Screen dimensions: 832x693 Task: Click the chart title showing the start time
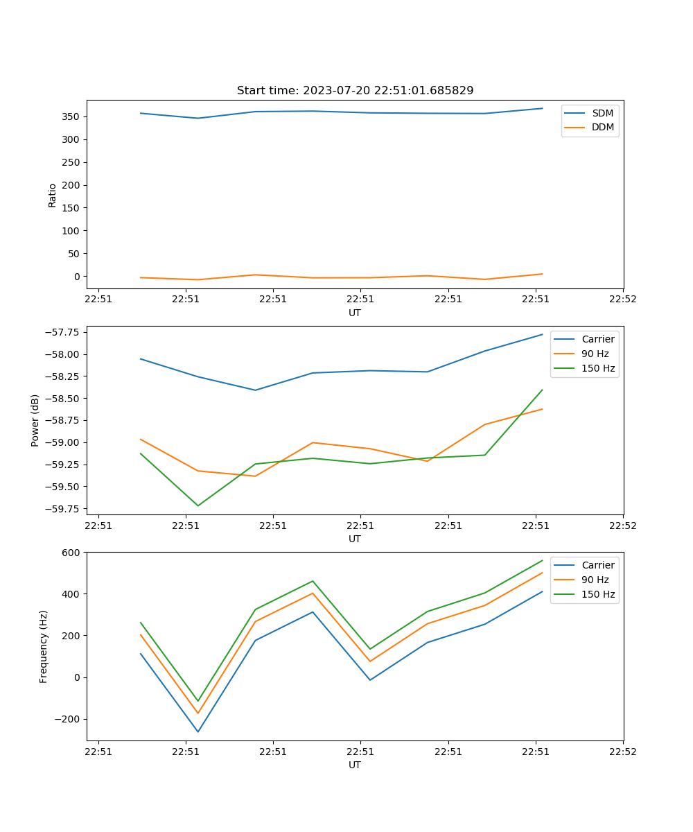(355, 91)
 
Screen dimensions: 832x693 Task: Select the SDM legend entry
(602, 113)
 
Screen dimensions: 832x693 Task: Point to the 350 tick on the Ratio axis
(72, 116)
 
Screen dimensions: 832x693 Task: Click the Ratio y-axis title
(53, 195)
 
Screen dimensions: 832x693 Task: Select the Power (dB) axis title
(35, 420)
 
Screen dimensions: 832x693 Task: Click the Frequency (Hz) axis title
(44, 646)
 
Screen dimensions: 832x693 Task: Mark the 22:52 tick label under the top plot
(622, 300)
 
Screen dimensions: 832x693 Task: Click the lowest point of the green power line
(198, 505)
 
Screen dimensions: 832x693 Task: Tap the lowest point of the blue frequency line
(198, 731)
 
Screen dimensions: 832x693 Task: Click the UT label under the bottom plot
(355, 765)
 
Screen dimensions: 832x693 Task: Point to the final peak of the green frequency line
(542, 560)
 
